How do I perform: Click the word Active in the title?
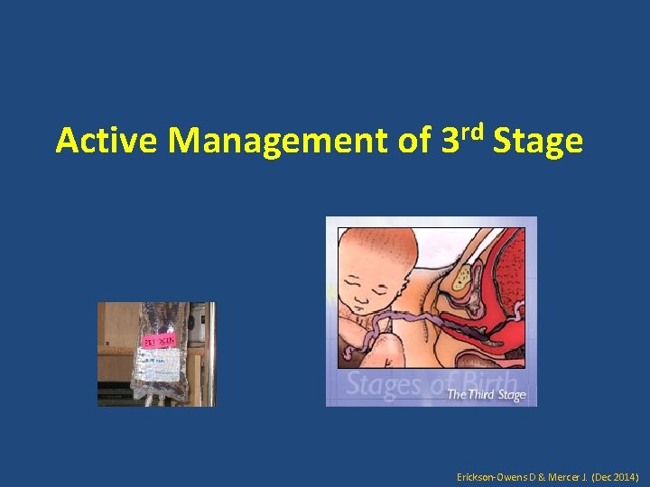point(107,142)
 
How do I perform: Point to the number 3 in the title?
point(450,142)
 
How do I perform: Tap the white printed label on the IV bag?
point(159,366)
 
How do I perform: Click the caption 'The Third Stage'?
point(486,395)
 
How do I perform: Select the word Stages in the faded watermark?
point(386,385)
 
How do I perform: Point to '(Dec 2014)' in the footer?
point(618,474)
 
